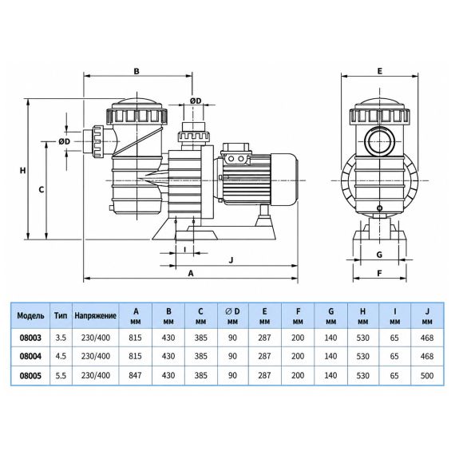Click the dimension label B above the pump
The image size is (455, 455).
coord(136,71)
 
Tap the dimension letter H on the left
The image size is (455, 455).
coord(22,170)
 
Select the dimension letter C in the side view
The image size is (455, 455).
coord(42,189)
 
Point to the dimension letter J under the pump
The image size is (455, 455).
coord(231,259)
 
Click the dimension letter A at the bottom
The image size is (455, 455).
coord(191,273)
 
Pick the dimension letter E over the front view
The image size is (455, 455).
coord(379,71)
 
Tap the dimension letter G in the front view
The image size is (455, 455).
coord(379,255)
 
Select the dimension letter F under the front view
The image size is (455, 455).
coord(379,273)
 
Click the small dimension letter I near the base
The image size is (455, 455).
coord(185,249)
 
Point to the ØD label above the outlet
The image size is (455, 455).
coord(196,101)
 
